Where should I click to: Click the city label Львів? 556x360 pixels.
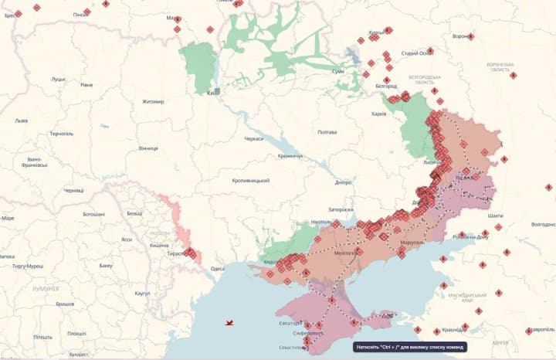21,121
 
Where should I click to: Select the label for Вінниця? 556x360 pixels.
148,148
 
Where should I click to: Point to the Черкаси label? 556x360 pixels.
253,138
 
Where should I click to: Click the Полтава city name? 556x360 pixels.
327,132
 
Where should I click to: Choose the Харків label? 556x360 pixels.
378,114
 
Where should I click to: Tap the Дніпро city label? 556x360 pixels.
343,182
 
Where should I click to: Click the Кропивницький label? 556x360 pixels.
250,180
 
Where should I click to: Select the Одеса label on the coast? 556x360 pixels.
217,268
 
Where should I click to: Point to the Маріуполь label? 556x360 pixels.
412,243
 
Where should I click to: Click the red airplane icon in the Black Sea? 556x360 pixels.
229,322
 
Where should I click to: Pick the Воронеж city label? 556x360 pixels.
460,36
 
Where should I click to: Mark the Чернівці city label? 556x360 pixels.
73,190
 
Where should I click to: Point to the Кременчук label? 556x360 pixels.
290,156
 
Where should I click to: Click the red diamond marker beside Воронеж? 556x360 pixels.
470,36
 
